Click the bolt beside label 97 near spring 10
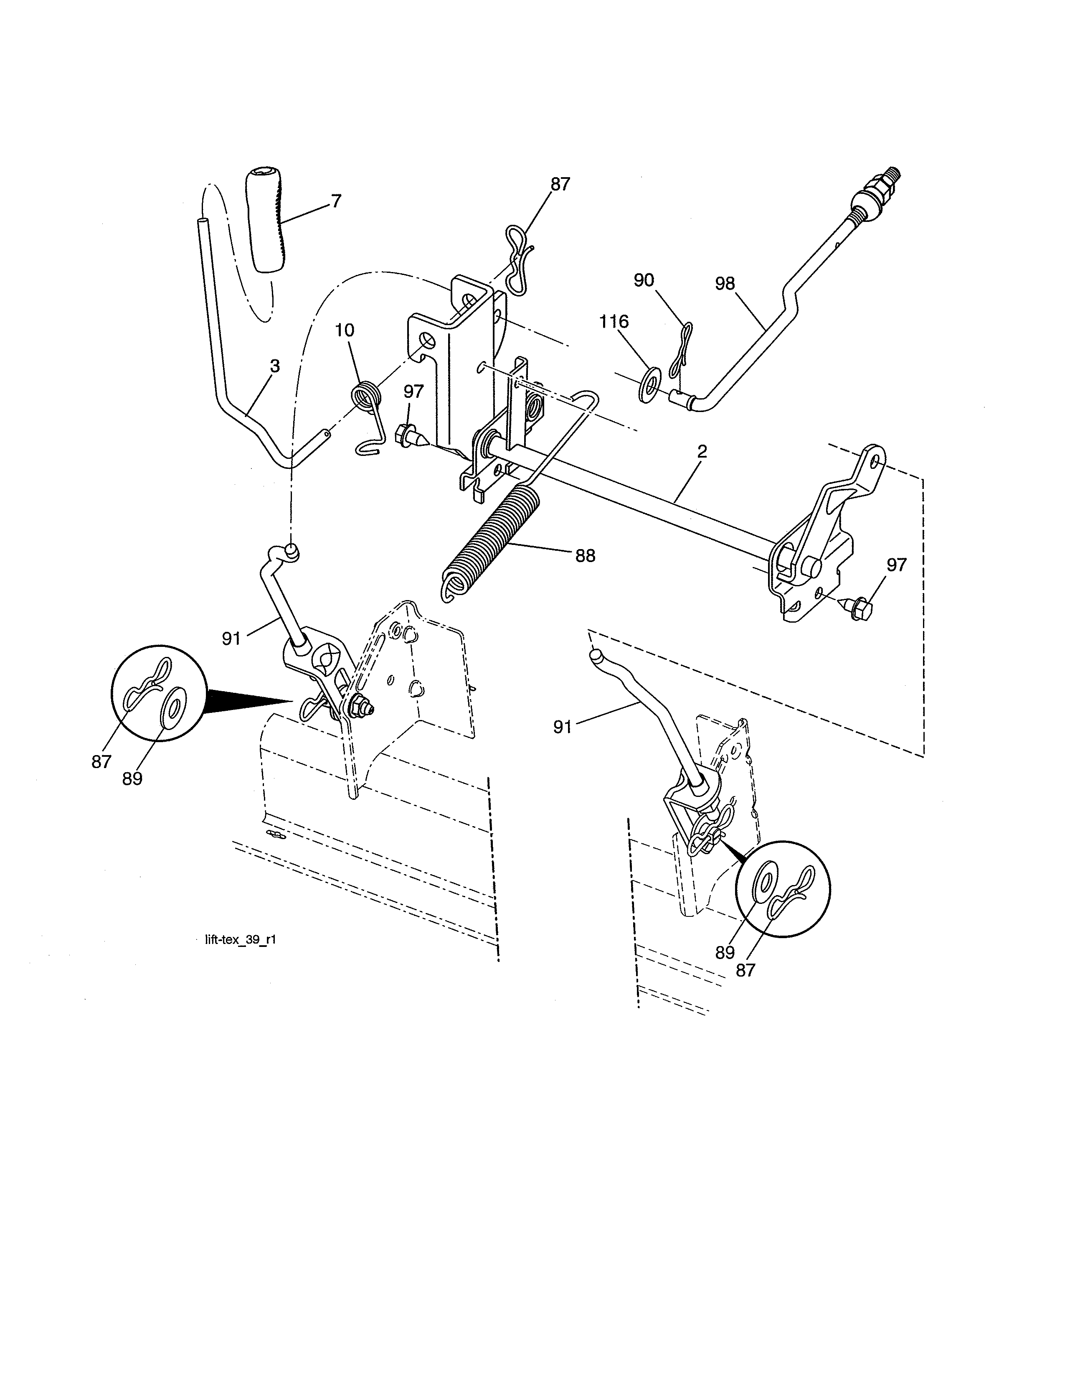click(x=405, y=436)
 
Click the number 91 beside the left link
click(x=231, y=639)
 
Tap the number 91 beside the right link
click(x=562, y=728)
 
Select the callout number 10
click(x=345, y=330)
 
